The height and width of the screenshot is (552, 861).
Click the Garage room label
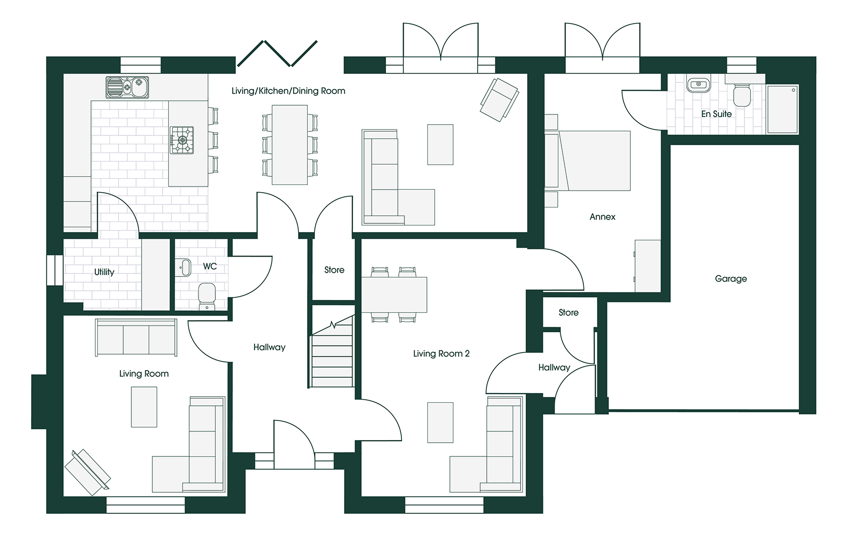tap(731, 279)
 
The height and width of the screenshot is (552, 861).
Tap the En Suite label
tap(716, 113)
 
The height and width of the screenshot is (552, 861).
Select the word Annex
tap(602, 217)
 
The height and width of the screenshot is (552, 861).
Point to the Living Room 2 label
tap(441, 353)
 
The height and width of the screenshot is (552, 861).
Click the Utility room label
tap(104, 272)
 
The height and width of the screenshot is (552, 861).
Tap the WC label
tap(210, 266)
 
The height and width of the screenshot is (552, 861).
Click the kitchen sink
tap(127, 87)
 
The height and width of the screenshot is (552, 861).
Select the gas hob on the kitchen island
tap(182, 140)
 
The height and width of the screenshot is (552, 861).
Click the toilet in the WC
tap(207, 296)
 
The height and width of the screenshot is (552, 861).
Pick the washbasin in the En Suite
tap(699, 85)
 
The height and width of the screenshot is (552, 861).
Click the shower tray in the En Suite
tap(782, 109)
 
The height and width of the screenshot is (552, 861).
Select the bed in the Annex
tap(592, 160)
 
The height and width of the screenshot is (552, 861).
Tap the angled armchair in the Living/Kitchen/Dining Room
tap(500, 100)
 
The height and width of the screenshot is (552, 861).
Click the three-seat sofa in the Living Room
tap(136, 337)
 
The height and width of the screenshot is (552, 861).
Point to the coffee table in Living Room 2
tap(440, 423)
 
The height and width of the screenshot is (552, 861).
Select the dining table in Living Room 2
tap(394, 294)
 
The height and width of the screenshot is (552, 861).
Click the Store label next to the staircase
tap(334, 270)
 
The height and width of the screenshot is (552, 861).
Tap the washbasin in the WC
tap(184, 267)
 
